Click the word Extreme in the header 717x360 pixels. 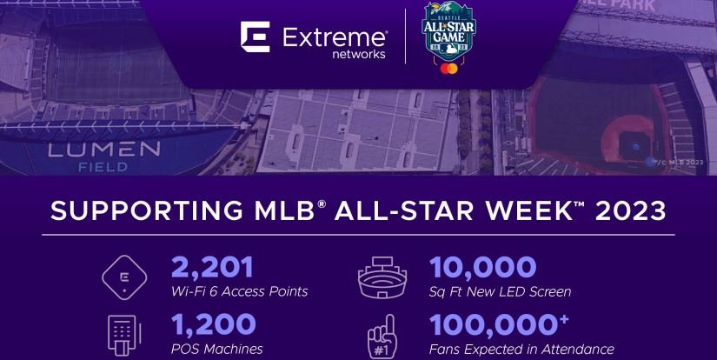[335, 37]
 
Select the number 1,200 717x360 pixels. [213, 324]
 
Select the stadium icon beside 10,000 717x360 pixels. [383, 277]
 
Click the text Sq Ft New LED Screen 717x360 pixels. [499, 291]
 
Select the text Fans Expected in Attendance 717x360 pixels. [521, 349]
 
